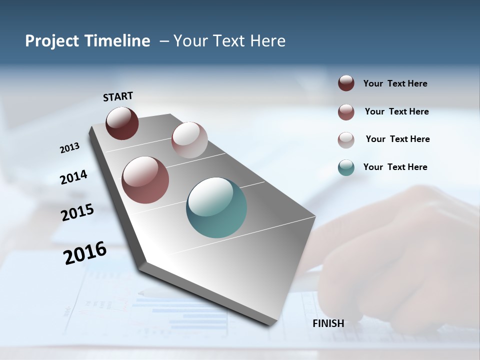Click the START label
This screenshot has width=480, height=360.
(118, 96)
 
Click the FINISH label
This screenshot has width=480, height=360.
(328, 323)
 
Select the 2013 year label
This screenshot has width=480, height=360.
(69, 148)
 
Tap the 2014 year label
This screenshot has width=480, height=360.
(73, 177)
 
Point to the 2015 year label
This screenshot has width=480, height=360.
(77, 212)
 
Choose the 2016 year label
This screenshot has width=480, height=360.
(85, 253)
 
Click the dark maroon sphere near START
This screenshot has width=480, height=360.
(122, 123)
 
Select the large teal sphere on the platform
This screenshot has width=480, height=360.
(216, 207)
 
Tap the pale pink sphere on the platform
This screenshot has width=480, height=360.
(189, 139)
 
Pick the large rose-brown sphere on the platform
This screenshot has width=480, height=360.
(145, 180)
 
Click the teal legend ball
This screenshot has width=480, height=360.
(346, 167)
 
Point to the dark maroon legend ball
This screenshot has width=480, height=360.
(346, 83)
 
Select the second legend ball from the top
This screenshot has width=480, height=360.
(346, 111)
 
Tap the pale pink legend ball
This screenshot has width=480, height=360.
(346, 139)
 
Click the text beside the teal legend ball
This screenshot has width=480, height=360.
(395, 167)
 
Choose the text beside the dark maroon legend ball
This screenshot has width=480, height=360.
(395, 83)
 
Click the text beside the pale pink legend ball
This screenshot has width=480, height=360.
(397, 139)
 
